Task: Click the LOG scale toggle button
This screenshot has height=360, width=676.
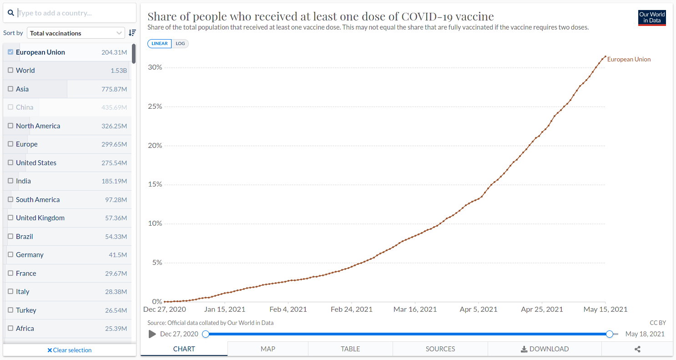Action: pos(180,44)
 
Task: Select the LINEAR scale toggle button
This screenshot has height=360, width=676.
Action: pos(159,44)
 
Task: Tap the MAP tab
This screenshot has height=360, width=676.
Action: pos(268,349)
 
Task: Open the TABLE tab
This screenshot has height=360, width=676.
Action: pos(350,349)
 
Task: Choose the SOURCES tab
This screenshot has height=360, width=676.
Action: pos(440,349)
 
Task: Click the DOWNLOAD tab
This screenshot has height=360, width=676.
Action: pos(545,349)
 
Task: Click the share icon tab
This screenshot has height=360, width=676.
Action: pos(637,349)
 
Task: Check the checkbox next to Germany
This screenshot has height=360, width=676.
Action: pos(10,255)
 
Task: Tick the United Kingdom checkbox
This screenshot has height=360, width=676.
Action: pos(10,218)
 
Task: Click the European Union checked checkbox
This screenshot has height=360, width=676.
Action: pos(10,52)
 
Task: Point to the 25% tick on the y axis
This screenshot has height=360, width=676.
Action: pos(155,106)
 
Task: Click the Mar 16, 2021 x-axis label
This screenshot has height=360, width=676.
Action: pos(415,309)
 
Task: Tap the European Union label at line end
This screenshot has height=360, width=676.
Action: pos(629,60)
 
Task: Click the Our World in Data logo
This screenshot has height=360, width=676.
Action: pos(652,17)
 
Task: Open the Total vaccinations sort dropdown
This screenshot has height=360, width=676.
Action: pos(76,33)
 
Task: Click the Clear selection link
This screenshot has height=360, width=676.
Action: pos(70,350)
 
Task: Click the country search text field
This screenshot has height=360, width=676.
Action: pos(73,13)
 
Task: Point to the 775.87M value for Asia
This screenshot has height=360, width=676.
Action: pos(114,89)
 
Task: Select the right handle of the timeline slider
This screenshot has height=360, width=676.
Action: pos(610,334)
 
